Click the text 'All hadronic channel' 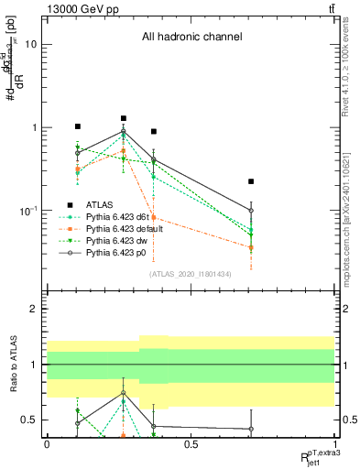[x=191, y=37]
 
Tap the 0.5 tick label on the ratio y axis [x=29, y=420]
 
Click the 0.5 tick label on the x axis [x=191, y=445]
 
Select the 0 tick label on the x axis [x=47, y=445]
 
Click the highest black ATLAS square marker [x=123, y=118]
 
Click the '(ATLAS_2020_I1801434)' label [x=191, y=274]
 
